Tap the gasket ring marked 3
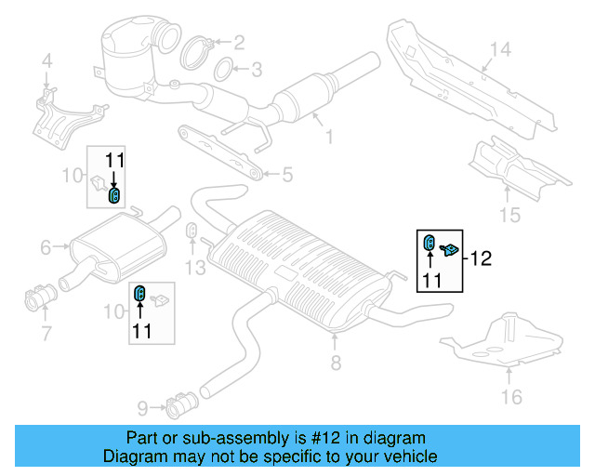tap(223, 70)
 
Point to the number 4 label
tap(46, 62)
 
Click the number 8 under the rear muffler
tap(336, 362)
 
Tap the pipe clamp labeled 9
tap(178, 406)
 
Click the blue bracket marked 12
tap(451, 249)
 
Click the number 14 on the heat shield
tap(500, 49)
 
